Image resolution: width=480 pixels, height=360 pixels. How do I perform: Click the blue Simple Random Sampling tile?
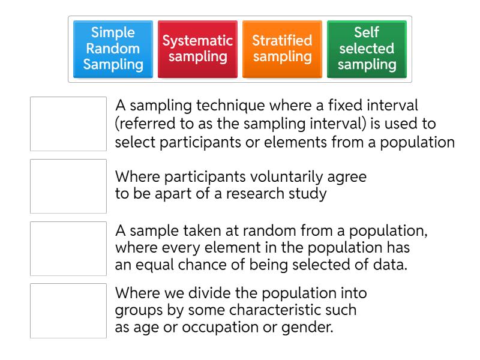click(113, 49)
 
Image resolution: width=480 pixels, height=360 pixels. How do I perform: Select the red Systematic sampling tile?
click(198, 49)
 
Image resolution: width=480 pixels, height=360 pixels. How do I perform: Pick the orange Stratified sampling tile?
click(282, 49)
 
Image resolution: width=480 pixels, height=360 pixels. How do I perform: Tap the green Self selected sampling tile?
click(366, 49)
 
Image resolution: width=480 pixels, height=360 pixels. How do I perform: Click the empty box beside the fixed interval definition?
click(68, 124)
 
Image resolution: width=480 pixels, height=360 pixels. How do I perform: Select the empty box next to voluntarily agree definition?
click(68, 186)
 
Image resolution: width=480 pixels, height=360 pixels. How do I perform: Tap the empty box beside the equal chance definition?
click(68, 248)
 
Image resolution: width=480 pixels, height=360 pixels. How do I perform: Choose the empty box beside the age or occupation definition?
click(68, 311)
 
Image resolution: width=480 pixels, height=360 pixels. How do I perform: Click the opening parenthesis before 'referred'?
click(118, 124)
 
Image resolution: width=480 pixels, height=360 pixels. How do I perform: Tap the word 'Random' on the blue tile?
click(113, 49)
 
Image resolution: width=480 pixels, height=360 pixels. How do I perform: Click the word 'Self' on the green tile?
click(366, 33)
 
